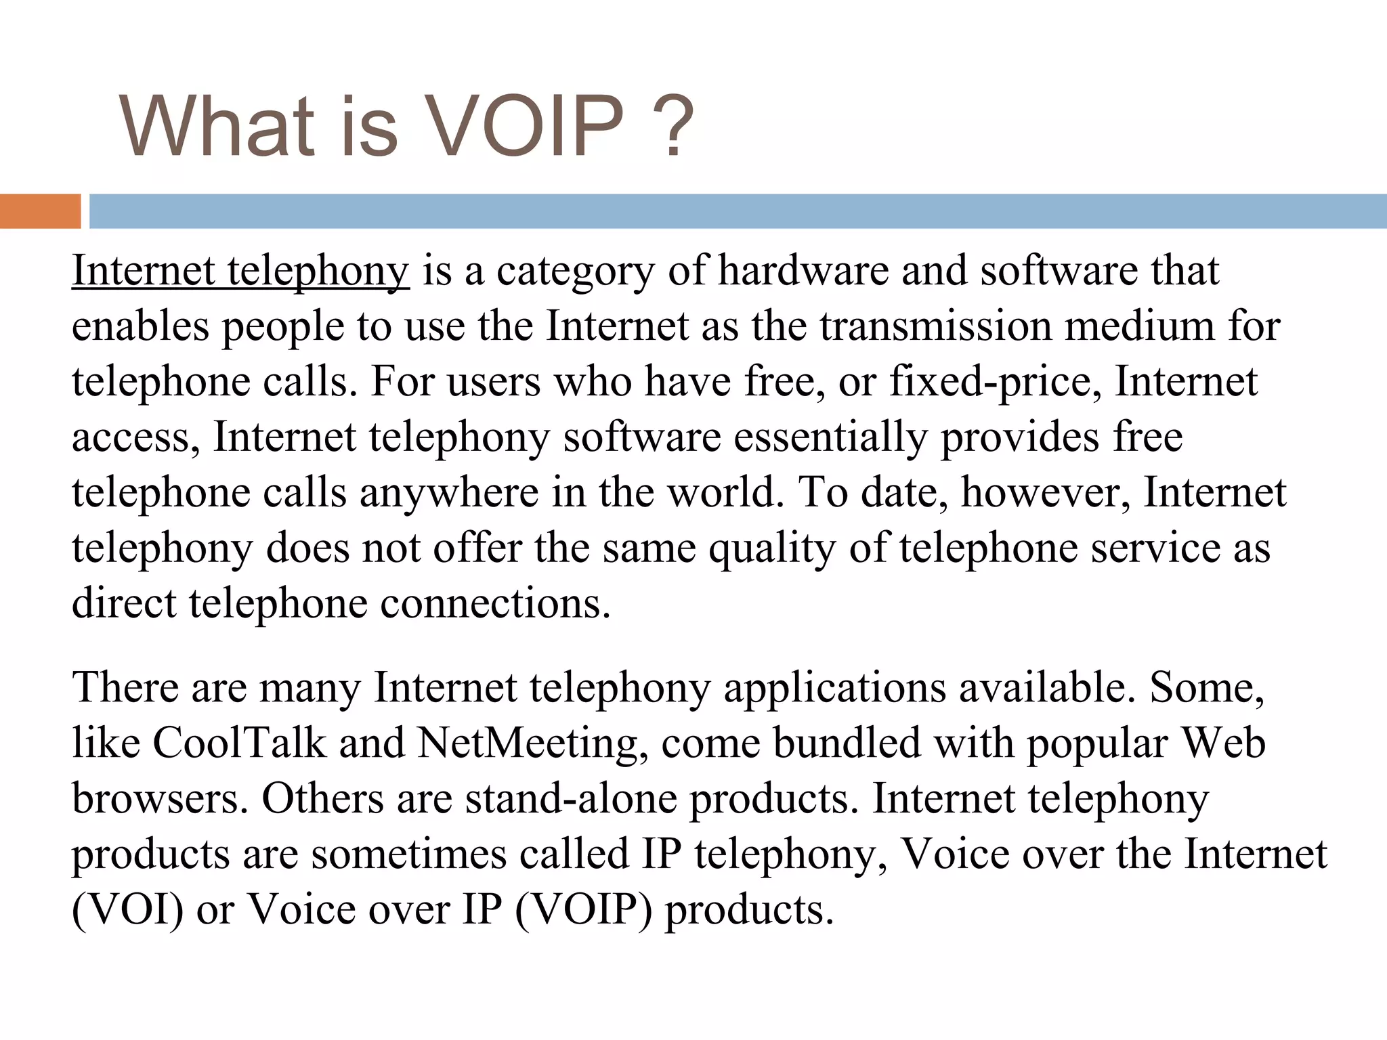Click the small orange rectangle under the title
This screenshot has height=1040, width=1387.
coord(40,211)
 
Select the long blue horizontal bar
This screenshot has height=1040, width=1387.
coord(738,211)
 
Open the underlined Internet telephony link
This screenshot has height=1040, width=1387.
coord(240,271)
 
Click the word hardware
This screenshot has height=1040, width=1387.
coord(803,271)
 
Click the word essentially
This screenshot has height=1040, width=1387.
coord(830,437)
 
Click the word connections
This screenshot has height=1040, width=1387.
coord(495,603)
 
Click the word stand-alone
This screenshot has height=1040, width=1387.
coord(571,798)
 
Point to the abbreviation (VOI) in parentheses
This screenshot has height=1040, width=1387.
coord(128,909)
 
